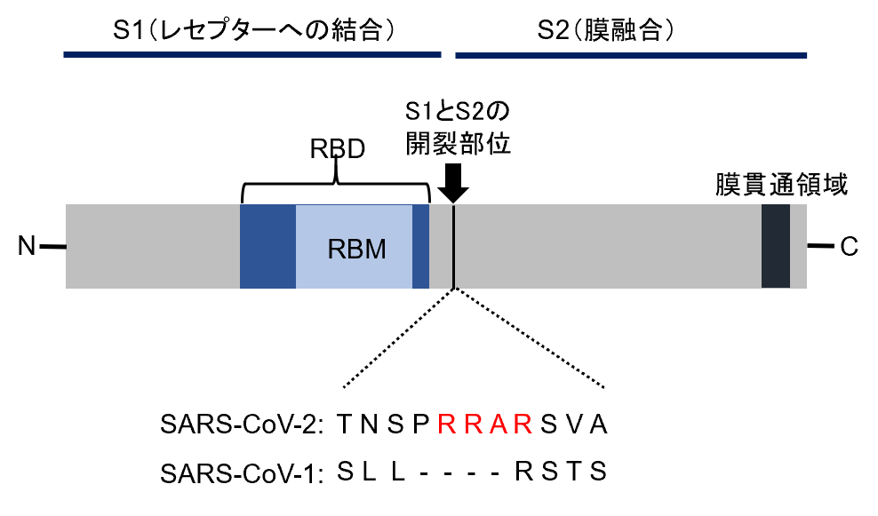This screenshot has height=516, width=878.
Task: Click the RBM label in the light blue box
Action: click(x=356, y=249)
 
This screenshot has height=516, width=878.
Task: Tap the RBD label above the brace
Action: click(x=337, y=149)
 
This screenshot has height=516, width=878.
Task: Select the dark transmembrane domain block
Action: click(x=776, y=246)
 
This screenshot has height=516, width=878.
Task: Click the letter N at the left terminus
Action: click(x=27, y=246)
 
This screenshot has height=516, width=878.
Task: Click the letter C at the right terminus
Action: click(x=849, y=246)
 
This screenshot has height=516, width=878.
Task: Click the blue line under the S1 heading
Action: click(x=252, y=55)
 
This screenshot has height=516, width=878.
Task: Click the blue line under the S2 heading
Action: click(x=631, y=55)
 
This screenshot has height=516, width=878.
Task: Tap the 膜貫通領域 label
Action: click(x=782, y=185)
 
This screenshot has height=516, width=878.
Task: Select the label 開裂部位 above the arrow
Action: click(x=458, y=145)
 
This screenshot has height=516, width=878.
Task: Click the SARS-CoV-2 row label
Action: click(x=242, y=425)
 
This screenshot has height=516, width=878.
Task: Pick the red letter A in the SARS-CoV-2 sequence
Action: click(x=498, y=425)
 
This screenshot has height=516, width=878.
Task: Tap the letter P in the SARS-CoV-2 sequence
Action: click(x=420, y=425)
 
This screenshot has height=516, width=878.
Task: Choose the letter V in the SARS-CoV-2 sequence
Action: click(x=574, y=425)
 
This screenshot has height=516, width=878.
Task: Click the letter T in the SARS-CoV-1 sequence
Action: click(x=574, y=472)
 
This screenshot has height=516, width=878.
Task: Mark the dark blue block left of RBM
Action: click(x=267, y=246)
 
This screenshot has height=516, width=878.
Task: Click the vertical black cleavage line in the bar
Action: click(x=453, y=246)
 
